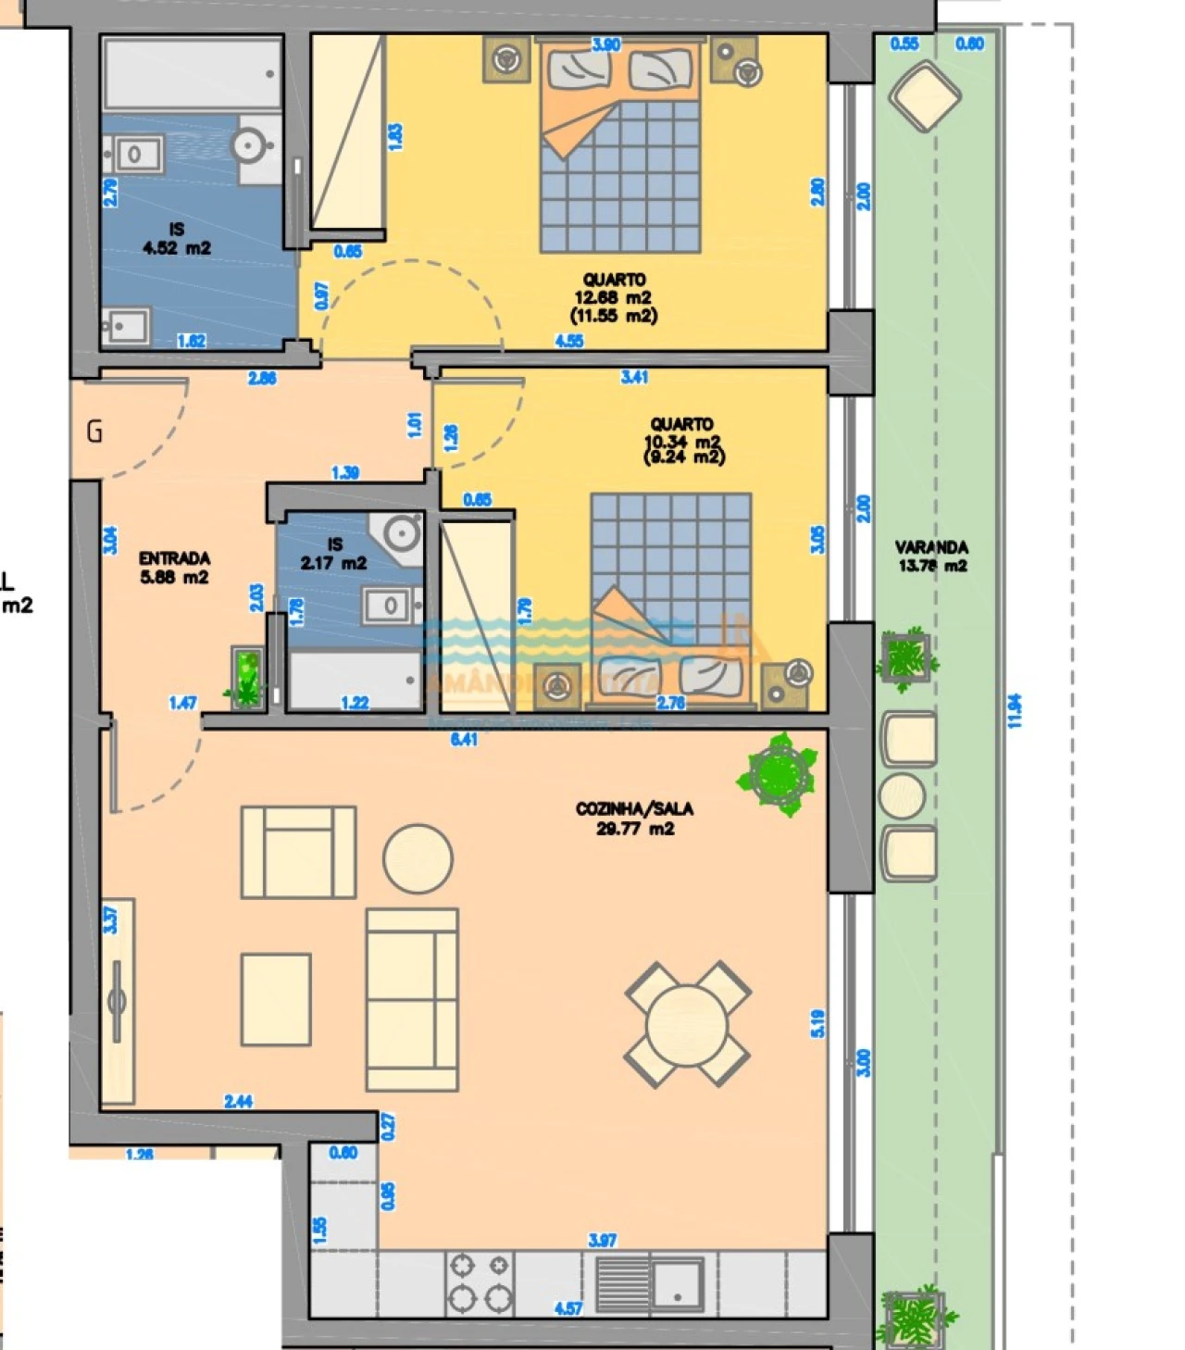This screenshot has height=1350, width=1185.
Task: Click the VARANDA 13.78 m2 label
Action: pyautogui.click(x=931, y=556)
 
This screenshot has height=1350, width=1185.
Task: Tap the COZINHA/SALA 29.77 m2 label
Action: pyautogui.click(x=634, y=819)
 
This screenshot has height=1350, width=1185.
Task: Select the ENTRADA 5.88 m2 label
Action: pyautogui.click(x=174, y=568)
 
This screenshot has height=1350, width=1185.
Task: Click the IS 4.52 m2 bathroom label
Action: pyautogui.click(x=176, y=239)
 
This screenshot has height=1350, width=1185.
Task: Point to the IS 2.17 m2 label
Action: pyautogui.click(x=333, y=554)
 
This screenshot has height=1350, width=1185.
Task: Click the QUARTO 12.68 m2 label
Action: pyautogui.click(x=614, y=297)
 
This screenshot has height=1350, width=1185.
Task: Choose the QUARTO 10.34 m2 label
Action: pyautogui.click(x=683, y=440)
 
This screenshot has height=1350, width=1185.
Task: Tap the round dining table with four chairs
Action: pyautogui.click(x=687, y=1024)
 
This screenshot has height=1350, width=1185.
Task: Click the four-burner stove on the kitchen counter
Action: pyautogui.click(x=480, y=1283)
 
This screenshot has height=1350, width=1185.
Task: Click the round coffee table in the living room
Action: pyautogui.click(x=418, y=859)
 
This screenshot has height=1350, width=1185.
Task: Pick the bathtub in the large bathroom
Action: pyautogui.click(x=192, y=74)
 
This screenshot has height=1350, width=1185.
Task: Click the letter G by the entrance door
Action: pyautogui.click(x=94, y=431)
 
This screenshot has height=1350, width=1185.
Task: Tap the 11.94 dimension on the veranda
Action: pyautogui.click(x=1015, y=711)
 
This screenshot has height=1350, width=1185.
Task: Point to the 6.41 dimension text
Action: pyautogui.click(x=464, y=739)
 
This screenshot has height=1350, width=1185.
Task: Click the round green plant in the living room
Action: pyautogui.click(x=780, y=774)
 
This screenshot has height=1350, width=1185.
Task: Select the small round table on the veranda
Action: pyautogui.click(x=902, y=796)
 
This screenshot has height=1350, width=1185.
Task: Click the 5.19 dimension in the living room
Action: pyautogui.click(x=817, y=1022)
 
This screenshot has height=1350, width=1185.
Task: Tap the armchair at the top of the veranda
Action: pyautogui.click(x=924, y=96)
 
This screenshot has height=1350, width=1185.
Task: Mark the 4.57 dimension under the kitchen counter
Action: pyautogui.click(x=568, y=1308)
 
